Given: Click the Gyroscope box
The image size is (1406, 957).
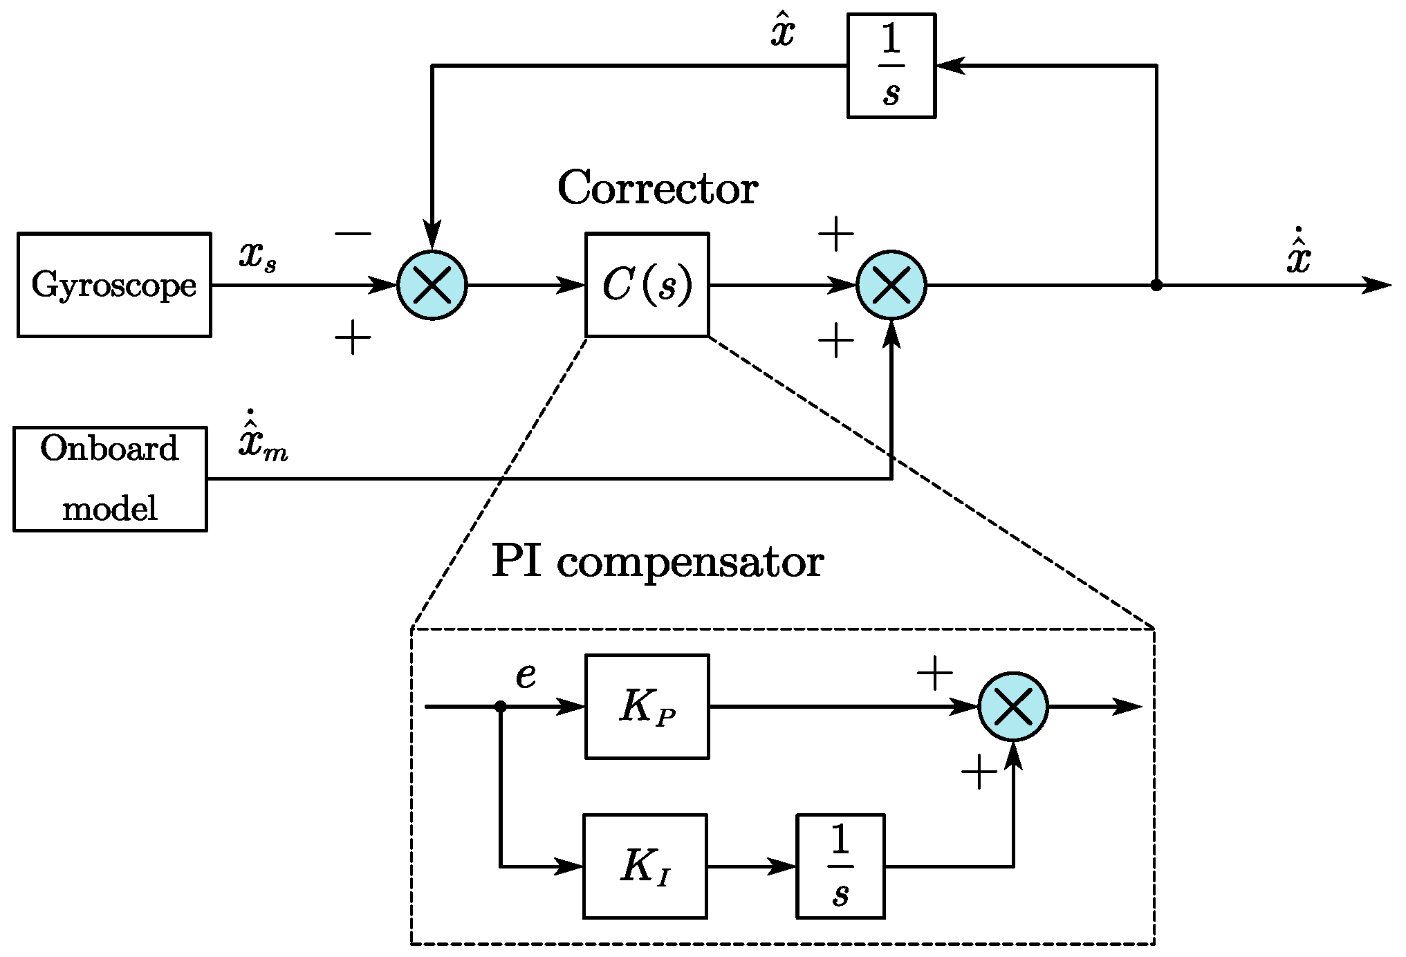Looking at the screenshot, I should (114, 285).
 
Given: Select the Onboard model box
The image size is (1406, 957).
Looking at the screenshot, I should (110, 479).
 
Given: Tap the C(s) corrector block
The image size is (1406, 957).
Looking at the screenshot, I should (647, 285).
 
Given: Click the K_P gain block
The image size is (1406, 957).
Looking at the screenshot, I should (647, 706).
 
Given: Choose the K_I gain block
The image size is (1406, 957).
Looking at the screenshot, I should (645, 866).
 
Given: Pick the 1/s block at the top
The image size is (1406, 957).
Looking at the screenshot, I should (891, 66).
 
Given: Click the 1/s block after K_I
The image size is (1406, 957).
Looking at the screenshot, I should (840, 866).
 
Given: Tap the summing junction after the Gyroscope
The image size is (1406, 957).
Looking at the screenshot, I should (432, 285).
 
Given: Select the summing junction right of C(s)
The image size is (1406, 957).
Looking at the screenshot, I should (891, 285).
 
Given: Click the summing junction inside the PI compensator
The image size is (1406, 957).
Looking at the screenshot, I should (1013, 706).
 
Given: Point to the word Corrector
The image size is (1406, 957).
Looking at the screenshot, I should (657, 188).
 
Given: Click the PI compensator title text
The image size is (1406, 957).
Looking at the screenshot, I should (657, 561).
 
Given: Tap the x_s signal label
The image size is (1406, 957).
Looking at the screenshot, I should (258, 257).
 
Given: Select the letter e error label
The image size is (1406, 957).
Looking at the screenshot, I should (526, 676).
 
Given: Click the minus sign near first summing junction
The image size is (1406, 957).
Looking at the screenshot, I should (353, 234).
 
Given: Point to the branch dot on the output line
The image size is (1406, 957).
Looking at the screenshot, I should (1156, 285).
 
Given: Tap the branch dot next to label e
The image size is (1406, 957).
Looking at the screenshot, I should (501, 706).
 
